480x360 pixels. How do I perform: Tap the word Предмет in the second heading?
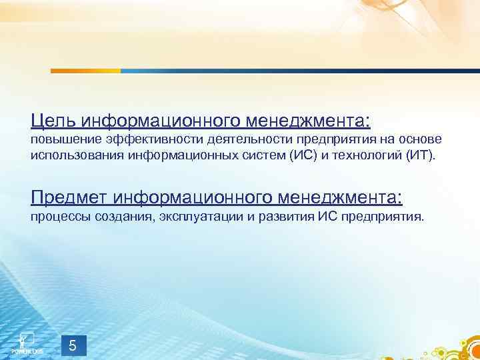[69, 197]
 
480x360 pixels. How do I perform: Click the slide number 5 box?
[73, 346]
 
